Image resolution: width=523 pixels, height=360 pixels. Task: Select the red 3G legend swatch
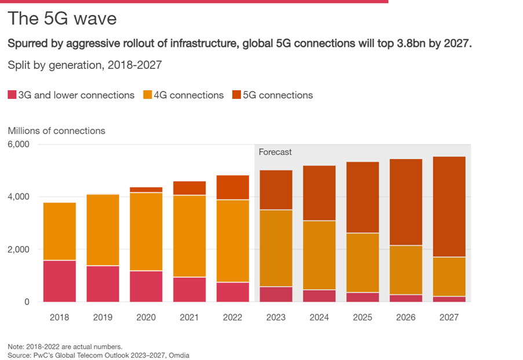click(12, 95)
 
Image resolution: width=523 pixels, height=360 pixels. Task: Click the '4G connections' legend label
click(188, 95)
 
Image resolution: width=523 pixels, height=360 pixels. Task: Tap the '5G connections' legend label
click(277, 95)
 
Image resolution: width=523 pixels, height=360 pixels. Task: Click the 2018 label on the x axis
click(60, 318)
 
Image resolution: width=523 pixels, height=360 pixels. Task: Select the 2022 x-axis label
click(232, 318)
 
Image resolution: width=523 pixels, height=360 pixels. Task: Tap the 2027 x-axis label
click(449, 318)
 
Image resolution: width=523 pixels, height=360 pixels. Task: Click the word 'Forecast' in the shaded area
click(275, 152)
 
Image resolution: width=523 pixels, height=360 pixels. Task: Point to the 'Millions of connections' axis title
click(57, 131)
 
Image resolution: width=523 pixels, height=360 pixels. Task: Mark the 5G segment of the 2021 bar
click(189, 188)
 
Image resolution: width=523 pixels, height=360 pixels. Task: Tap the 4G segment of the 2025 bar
click(363, 263)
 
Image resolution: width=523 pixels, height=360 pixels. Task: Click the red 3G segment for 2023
click(276, 295)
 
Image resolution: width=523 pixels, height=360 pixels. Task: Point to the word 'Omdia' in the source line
click(177, 355)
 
